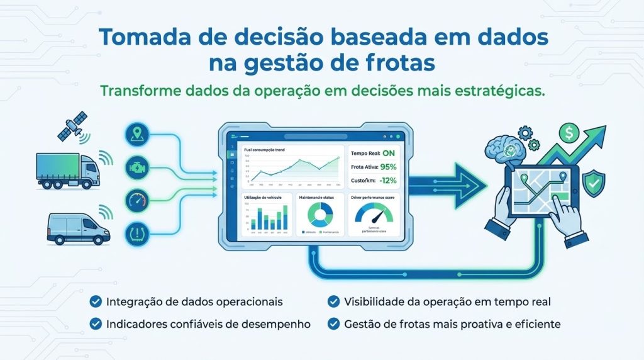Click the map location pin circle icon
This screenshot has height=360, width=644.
[137, 133]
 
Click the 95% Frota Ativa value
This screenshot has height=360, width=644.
[388, 167]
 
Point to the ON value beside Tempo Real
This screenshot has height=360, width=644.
[389, 153]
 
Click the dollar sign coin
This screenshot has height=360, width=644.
[569, 133]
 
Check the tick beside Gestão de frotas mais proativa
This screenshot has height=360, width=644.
[334, 325]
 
